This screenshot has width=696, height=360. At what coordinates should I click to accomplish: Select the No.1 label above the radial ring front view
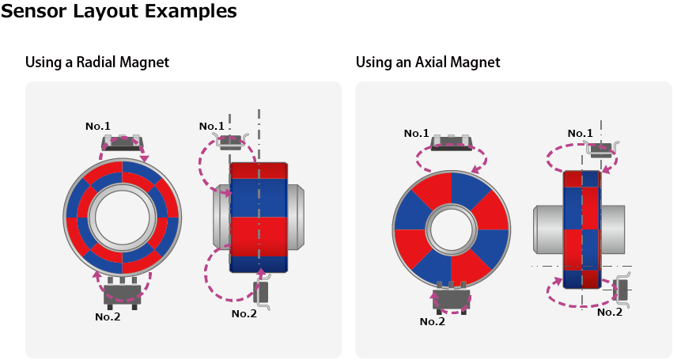98,126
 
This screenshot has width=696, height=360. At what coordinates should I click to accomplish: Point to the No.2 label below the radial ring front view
108,316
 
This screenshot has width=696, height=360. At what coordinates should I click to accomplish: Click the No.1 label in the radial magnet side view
212,126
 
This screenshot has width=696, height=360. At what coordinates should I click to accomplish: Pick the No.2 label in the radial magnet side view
244,313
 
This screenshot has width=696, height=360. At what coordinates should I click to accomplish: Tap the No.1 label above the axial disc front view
416,133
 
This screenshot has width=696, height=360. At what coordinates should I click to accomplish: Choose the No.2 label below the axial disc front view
433,321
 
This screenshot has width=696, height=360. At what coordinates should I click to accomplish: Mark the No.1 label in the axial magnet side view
581,133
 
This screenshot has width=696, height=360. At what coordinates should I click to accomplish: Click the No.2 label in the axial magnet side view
610,312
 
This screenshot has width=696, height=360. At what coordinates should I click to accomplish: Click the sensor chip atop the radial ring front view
123,143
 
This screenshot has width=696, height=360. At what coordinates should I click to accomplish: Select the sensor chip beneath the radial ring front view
123,293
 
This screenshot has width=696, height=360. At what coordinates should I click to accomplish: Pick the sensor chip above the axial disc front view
452,142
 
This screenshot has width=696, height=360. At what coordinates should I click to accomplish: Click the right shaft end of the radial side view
296,216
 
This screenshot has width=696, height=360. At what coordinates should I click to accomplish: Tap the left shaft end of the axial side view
547,230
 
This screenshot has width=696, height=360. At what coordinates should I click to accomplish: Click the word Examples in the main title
189,11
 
